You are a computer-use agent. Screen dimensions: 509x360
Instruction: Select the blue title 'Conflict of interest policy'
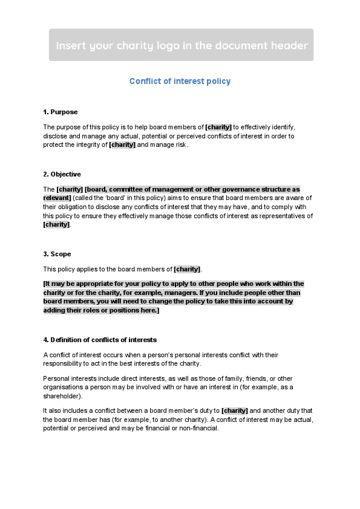tap(180, 81)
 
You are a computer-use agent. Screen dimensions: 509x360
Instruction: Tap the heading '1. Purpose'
tap(61, 112)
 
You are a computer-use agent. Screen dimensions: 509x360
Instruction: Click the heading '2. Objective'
tap(62, 174)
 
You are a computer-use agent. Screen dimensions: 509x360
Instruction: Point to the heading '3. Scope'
tap(58, 254)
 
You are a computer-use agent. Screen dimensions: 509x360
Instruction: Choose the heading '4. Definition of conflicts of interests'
tap(100, 340)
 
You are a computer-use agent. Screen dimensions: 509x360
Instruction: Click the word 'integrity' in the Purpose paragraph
tap(89, 145)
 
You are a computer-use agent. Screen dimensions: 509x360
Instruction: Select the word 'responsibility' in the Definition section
tap(63, 364)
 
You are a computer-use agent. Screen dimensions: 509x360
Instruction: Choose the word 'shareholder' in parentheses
tap(63, 397)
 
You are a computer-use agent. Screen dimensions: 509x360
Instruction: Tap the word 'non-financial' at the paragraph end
tap(198, 428)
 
